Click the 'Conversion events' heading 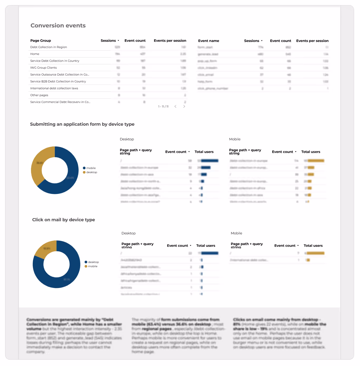pyautogui.click(x=58, y=26)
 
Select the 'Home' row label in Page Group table pyautogui.click(x=35, y=54)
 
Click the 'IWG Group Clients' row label pyautogui.click(x=43, y=68)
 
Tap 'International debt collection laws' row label pyautogui.click(x=54, y=88)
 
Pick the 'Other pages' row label pyautogui.click(x=39, y=95)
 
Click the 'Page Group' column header pyautogui.click(x=41, y=41)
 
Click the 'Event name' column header pyautogui.click(x=208, y=41)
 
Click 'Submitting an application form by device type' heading pyautogui.click(x=82, y=124)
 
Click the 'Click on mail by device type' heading pyautogui.click(x=63, y=220)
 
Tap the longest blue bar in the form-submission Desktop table pyautogui.click(x=209, y=161)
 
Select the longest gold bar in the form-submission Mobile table pyautogui.click(x=316, y=161)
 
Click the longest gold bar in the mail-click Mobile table pyautogui.click(x=316, y=253)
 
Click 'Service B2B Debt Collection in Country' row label pyautogui.click(x=58, y=81)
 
